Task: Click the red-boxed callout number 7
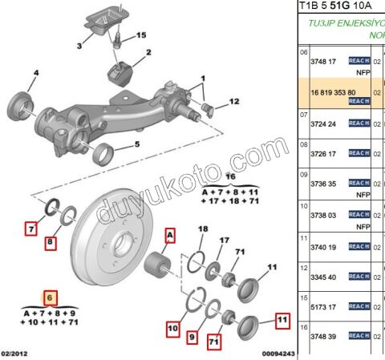pyautogui.click(x=31, y=229)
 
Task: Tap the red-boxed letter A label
pyautogui.click(x=169, y=234)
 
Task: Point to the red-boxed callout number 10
pyautogui.click(x=172, y=329)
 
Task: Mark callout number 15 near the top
pyautogui.click(x=140, y=36)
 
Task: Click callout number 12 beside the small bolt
pyautogui.click(x=233, y=101)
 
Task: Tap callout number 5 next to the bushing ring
pyautogui.click(x=136, y=144)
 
